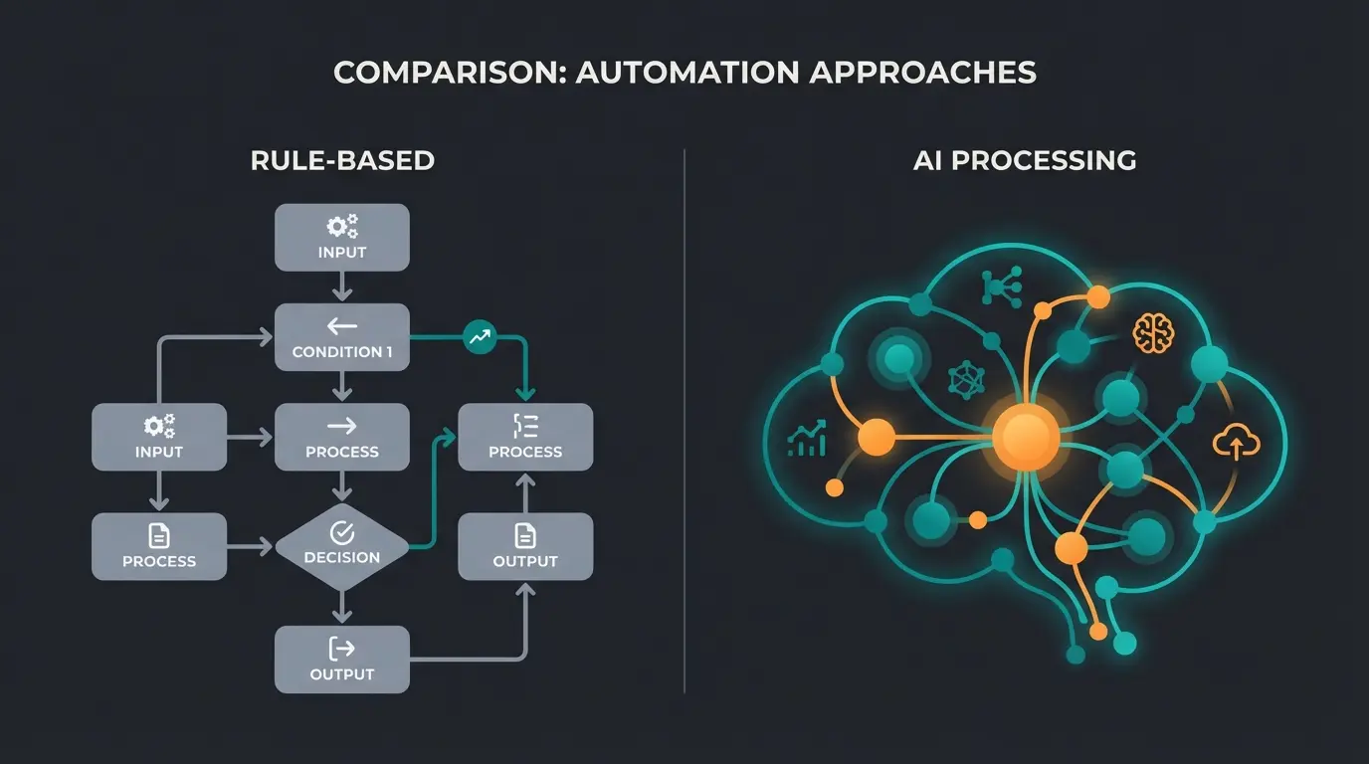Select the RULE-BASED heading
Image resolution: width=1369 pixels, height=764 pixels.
[342, 160]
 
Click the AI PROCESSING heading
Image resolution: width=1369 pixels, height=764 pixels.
[1025, 160]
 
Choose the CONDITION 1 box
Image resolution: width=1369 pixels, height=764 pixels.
[341, 338]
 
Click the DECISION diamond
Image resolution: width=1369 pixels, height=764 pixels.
[341, 547]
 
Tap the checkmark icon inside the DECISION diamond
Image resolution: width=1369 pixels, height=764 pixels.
[341, 532]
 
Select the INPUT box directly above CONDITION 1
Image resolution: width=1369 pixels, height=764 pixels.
[341, 238]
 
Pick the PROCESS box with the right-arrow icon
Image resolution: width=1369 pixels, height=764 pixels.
[341, 438]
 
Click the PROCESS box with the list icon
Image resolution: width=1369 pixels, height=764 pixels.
[525, 438]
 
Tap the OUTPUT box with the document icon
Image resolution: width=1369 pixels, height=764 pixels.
[525, 547]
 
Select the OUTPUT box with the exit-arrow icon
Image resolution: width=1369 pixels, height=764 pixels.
[341, 660]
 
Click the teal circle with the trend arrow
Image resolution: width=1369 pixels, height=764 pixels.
[480, 338]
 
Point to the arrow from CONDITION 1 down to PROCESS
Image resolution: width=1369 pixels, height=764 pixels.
[341, 387]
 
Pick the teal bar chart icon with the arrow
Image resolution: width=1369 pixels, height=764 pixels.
[808, 439]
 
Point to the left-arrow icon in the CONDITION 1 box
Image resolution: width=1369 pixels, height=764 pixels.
[341, 325]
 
